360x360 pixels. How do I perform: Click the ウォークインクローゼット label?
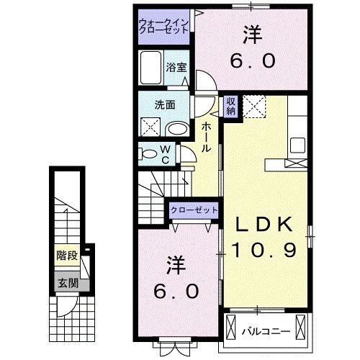point(164,27)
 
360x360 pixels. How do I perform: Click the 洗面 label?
point(165,104)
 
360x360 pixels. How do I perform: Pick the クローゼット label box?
point(194,210)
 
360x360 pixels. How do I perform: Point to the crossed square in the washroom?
point(150,127)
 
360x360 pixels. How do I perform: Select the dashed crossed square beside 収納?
point(254,107)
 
